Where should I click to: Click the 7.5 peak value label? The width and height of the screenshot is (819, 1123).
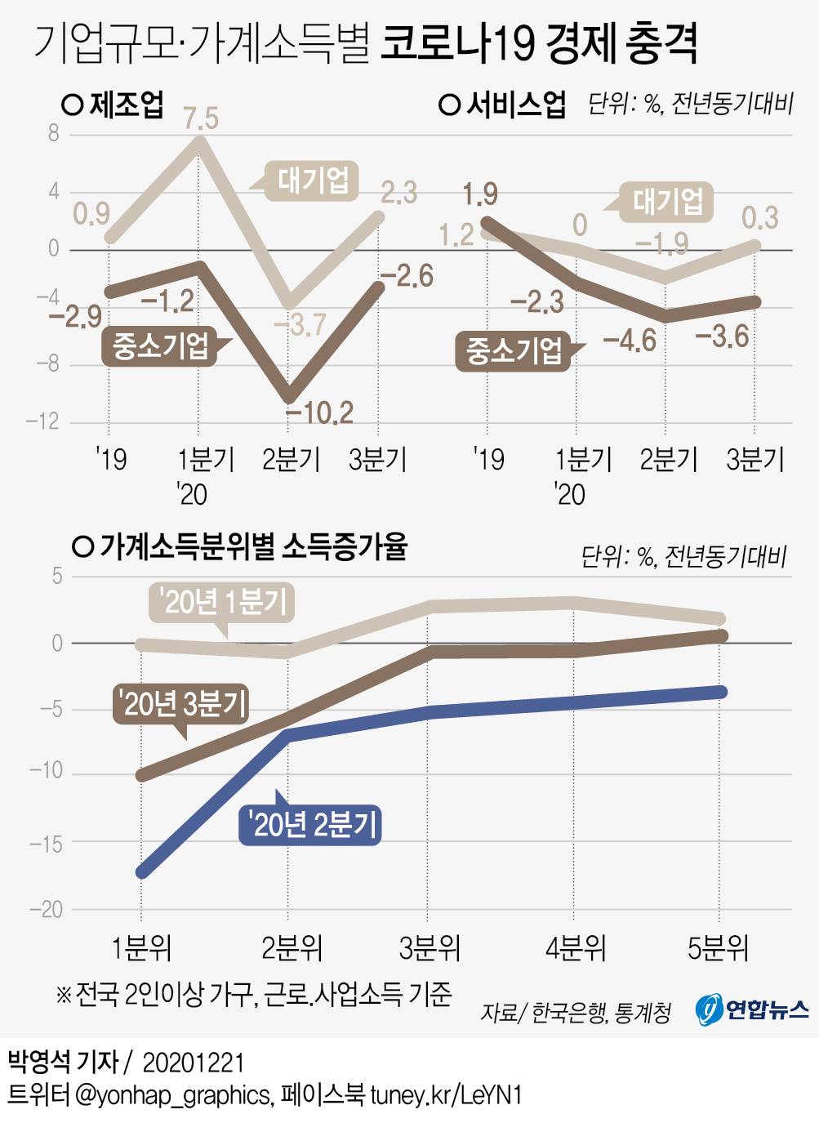pos(201,118)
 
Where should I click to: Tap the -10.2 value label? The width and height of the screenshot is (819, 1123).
pos(320,412)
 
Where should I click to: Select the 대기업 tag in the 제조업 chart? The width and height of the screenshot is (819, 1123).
pos(313,180)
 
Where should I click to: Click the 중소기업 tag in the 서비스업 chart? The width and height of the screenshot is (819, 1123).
pos(514,351)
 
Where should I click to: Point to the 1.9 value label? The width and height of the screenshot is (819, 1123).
pos(480,194)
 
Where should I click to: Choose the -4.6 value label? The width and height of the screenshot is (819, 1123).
pos(630,341)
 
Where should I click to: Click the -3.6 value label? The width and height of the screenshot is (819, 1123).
pos(722,336)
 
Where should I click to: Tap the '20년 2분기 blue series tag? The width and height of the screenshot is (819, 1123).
pos(312,824)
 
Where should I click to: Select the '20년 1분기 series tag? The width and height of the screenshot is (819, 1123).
pos(222,603)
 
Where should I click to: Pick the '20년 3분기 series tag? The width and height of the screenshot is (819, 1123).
pos(181,702)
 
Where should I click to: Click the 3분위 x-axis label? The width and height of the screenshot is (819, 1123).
pos(430,948)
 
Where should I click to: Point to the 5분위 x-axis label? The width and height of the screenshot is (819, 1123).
pos(719,948)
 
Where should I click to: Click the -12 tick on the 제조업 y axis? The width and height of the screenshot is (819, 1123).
pos(42,421)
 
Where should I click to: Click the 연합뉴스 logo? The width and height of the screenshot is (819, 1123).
pos(752,1009)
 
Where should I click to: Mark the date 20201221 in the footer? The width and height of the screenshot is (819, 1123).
pos(194,1063)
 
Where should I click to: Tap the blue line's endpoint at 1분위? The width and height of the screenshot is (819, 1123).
pos(142,872)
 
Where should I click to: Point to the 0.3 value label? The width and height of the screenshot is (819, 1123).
pos(759,218)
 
